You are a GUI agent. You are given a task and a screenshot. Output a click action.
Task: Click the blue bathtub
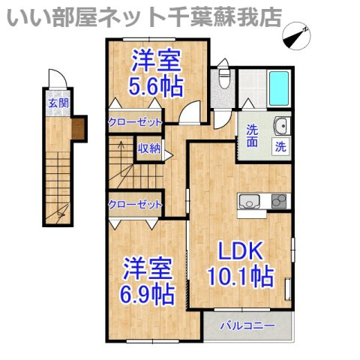point(279,88)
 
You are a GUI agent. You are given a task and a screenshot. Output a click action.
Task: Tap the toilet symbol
point(223,73)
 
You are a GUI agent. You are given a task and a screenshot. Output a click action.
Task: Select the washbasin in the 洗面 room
point(282,126)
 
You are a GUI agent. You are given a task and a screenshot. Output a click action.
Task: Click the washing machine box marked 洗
point(280,146)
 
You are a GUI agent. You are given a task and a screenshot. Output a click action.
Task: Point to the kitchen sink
point(249,201)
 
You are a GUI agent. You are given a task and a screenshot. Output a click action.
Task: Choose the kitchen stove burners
point(279,201)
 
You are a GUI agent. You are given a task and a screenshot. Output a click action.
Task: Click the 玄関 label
point(58,103)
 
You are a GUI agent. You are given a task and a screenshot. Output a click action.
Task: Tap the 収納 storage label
point(149,148)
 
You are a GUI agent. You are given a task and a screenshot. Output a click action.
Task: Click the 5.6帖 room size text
point(156,87)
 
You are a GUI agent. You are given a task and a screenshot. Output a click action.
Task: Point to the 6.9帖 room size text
point(146,295)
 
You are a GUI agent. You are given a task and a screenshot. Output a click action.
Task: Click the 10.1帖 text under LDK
point(241,277)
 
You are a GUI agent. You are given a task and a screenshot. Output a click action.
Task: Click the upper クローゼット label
point(135,122)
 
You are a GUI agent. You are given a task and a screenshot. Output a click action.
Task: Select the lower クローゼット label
point(135,205)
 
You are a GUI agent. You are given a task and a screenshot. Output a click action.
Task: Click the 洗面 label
point(252,135)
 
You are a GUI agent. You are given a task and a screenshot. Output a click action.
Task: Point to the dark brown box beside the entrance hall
point(79,129)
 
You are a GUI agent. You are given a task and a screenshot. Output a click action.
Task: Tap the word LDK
point(241,250)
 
